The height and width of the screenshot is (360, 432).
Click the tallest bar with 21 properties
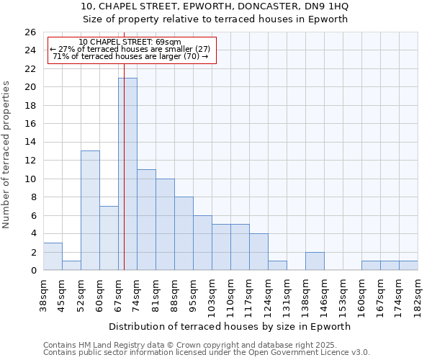click(127, 174)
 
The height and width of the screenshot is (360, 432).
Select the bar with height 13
click(90, 210)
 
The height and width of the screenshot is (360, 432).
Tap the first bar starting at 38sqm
click(53, 256)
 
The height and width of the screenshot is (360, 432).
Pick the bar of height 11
click(146, 220)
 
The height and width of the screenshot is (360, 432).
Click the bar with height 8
click(184, 233)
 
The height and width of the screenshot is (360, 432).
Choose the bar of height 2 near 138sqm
click(315, 261)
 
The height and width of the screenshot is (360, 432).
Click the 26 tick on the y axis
click(30, 32)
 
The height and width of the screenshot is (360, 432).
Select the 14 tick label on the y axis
click(30, 143)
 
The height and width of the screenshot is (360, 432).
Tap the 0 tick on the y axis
click(33, 271)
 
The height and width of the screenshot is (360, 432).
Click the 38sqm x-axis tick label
click(42, 295)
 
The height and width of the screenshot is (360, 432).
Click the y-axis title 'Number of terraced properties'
click(7, 155)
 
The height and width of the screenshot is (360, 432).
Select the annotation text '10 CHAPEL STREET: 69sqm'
click(130, 42)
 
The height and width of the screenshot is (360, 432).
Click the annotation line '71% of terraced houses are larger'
click(130, 56)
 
